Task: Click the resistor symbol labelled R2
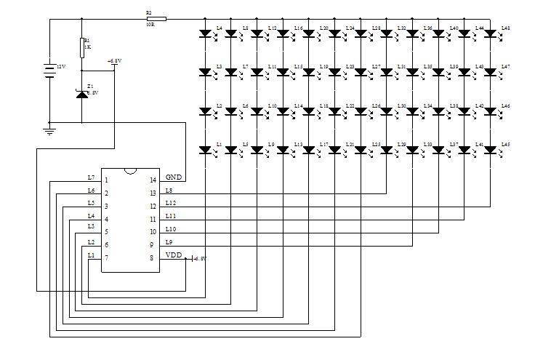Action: [156, 19]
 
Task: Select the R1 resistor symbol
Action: [81, 44]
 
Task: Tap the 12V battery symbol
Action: [49, 70]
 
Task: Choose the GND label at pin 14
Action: [174, 177]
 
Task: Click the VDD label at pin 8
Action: [174, 256]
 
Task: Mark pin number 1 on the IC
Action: [106, 180]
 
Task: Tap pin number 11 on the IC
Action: [153, 219]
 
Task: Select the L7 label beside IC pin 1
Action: [91, 177]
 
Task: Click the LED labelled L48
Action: [490, 33]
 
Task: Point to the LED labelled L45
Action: [490, 150]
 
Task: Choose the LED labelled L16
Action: [283, 33]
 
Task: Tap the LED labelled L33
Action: [412, 150]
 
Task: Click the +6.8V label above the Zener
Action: [114, 61]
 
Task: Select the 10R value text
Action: [149, 25]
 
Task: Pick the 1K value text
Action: [88, 47]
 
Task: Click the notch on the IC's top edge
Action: [129, 170]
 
